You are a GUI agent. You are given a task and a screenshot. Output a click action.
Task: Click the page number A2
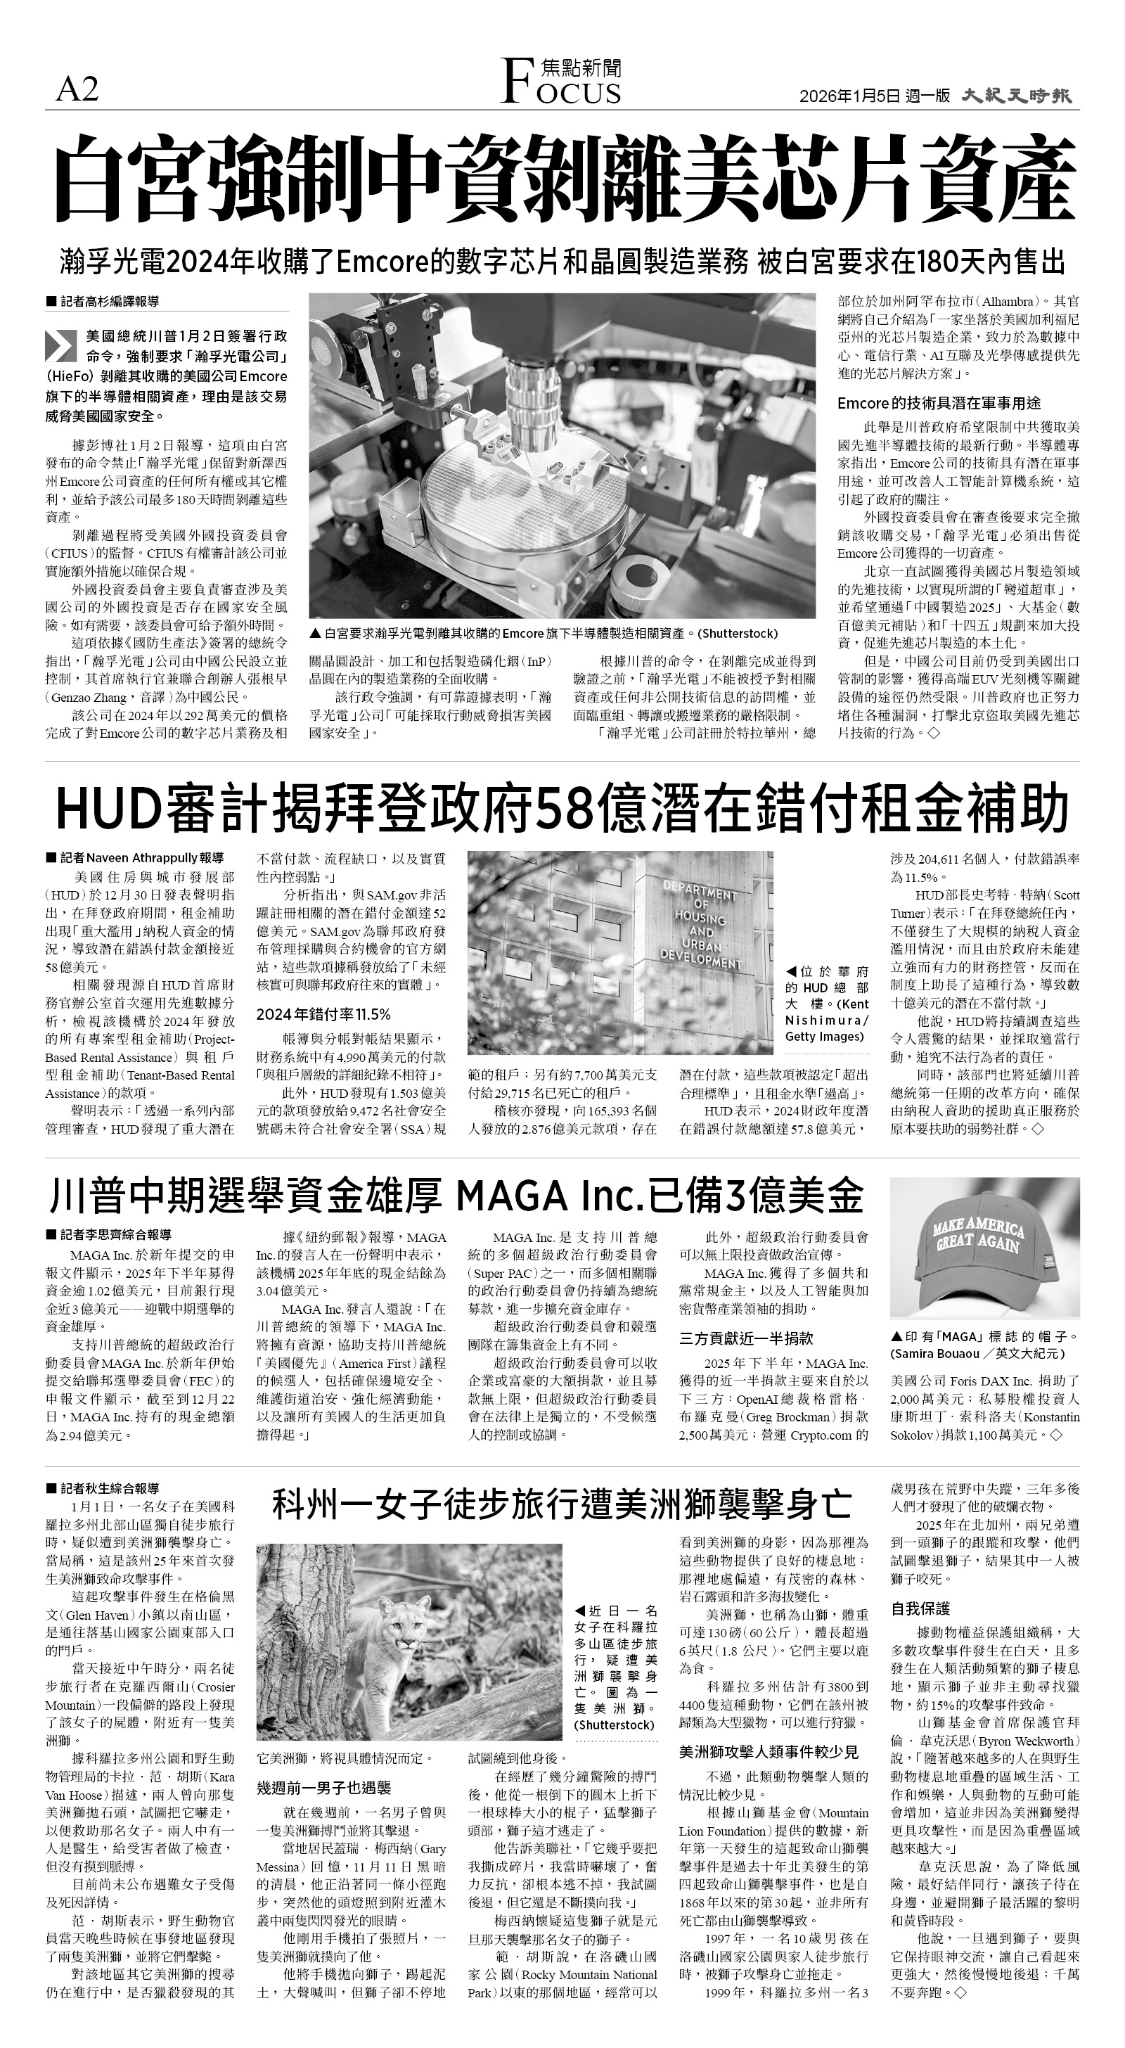pyautogui.click(x=77, y=90)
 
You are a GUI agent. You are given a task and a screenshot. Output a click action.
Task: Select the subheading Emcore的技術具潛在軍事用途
pyautogui.click(x=938, y=403)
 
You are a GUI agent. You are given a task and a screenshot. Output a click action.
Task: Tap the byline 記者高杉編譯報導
pyautogui.click(x=108, y=302)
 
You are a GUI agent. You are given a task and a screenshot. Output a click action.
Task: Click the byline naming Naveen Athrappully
pyautogui.click(x=139, y=858)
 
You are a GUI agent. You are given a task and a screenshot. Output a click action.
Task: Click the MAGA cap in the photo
pyautogui.click(x=982, y=1248)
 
